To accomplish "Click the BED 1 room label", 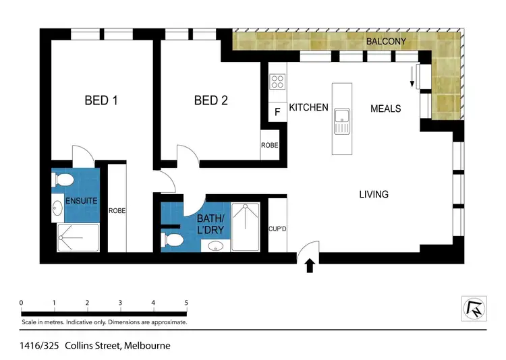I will tap(101, 100).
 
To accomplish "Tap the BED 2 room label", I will tap(210, 100).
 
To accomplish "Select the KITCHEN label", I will tap(308, 108).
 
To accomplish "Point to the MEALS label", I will tap(385, 109).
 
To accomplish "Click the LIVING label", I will tap(373, 194).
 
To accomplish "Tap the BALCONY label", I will tap(386, 42).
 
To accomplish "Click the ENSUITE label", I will tap(81, 201).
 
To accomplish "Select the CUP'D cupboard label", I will tap(278, 229).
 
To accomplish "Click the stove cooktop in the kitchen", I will tap(277, 82).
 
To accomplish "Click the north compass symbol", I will tap(473, 309).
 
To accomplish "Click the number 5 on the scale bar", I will tap(186, 303).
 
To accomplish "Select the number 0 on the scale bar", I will tap(22, 303).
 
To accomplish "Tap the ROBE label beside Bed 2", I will tap(270, 145).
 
